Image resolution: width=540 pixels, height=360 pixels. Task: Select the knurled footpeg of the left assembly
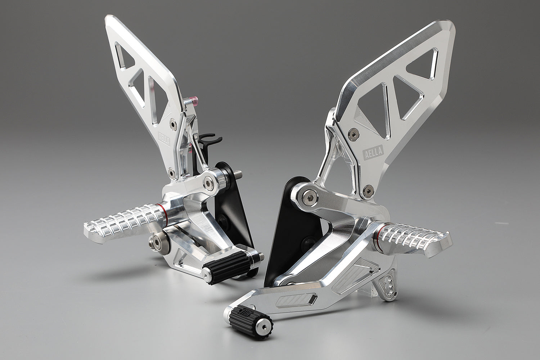[122, 220]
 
